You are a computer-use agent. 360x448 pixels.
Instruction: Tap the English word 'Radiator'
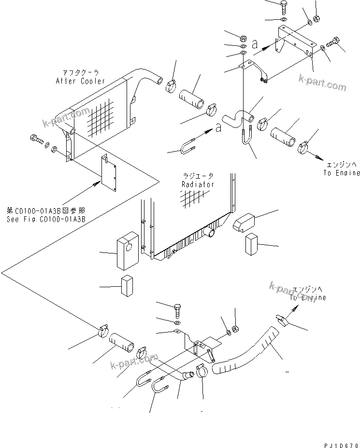(x=198, y=184)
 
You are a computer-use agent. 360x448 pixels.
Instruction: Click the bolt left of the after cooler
(x=36, y=140)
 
